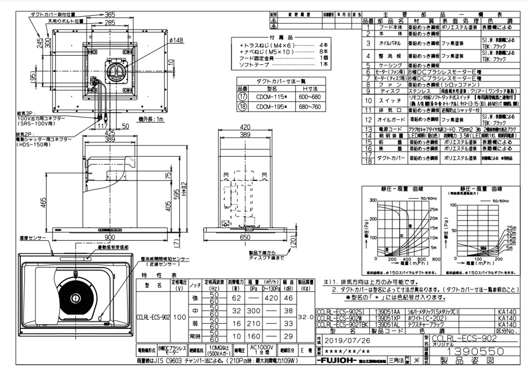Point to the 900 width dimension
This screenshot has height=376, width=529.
pos(109,238)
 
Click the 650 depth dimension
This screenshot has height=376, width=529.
pos(245,238)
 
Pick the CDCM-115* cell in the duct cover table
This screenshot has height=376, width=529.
pos(272,97)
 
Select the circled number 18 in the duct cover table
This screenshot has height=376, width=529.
pos(242,106)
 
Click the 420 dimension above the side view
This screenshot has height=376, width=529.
pos(245,128)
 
